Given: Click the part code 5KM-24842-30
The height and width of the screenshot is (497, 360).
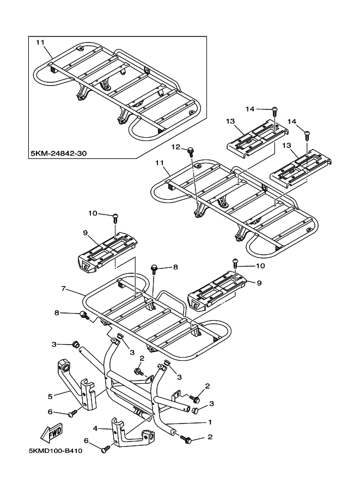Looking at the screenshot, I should pyautogui.click(x=59, y=154).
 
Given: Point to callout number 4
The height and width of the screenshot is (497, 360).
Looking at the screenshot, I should pyautogui.click(x=95, y=429).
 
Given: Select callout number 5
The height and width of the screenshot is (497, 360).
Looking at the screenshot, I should pyautogui.click(x=51, y=396).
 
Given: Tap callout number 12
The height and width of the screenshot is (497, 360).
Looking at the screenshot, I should pyautogui.click(x=175, y=146).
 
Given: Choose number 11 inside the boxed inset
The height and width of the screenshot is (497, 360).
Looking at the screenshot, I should pyautogui.click(x=40, y=42).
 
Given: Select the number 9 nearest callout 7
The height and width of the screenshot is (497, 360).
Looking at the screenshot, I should pyautogui.click(x=86, y=232).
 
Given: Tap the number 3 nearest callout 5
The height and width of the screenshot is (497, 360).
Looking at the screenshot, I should pyautogui.click(x=54, y=344).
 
